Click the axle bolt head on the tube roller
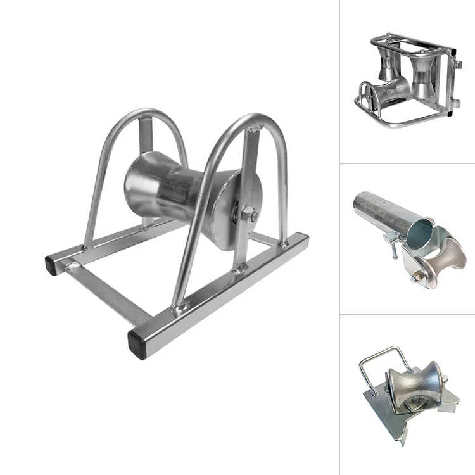[x=419, y=276]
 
